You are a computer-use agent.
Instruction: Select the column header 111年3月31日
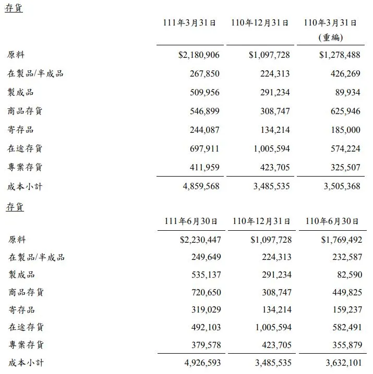190,23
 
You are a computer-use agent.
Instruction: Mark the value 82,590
345,275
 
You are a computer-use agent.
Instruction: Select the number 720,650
202,292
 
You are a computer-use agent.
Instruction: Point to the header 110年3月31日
332,23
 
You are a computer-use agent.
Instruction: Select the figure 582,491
343,327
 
